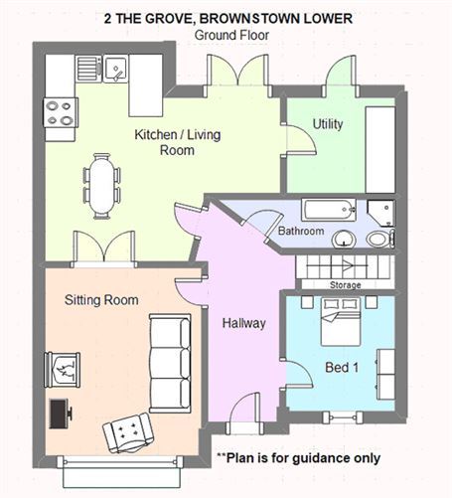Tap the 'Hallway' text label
click(x=242, y=322)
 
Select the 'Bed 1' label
click(x=341, y=368)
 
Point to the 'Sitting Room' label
click(x=101, y=299)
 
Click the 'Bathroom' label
click(x=300, y=231)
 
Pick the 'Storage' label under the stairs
click(x=345, y=285)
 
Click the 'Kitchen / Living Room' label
click(x=164, y=142)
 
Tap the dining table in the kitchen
click(x=101, y=185)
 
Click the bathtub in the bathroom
click(x=328, y=210)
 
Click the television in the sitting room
click(x=60, y=412)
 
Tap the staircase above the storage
click(x=345, y=266)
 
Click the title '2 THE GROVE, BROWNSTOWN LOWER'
click(x=227, y=17)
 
